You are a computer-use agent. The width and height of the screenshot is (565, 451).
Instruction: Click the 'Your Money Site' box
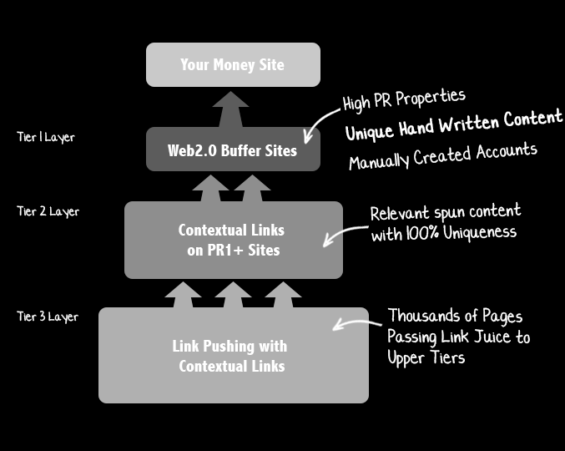[x=233, y=64]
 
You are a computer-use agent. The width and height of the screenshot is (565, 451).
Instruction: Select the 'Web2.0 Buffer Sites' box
[x=233, y=149]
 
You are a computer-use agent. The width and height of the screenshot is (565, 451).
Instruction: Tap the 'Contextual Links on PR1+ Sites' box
[x=233, y=239]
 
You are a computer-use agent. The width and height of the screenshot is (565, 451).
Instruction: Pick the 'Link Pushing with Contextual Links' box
[x=233, y=356]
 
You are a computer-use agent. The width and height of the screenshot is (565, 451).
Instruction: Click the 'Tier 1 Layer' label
[x=46, y=137]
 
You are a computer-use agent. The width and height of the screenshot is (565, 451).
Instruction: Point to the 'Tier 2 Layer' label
[x=48, y=211]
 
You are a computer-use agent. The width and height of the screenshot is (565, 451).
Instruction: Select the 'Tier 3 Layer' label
[x=48, y=317]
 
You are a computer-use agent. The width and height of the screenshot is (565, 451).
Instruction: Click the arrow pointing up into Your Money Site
[x=230, y=109]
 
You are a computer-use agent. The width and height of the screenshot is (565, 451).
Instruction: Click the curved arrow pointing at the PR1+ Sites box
[x=341, y=235]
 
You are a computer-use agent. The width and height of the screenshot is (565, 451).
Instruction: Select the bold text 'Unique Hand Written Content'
[x=454, y=124]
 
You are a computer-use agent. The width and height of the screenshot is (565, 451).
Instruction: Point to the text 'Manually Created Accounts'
[x=442, y=155]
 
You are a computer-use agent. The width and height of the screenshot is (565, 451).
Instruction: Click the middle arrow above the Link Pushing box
[x=233, y=295]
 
